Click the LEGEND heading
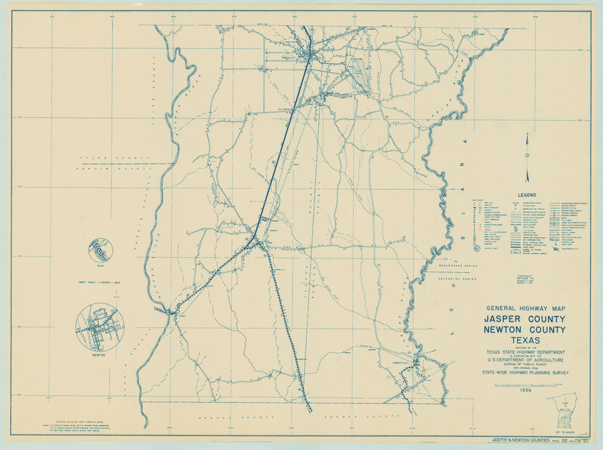tap(527, 194)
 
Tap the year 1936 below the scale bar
tap(525, 391)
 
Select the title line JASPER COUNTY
tap(525, 319)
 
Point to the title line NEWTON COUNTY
tap(525, 329)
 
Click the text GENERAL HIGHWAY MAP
tap(525, 308)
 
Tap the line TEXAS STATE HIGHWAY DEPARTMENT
tap(525, 351)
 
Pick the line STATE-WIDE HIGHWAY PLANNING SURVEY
tap(525, 372)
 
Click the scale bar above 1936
tap(525, 384)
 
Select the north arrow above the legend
tap(527, 157)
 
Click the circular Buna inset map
tap(101, 250)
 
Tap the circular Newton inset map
tap(100, 327)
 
